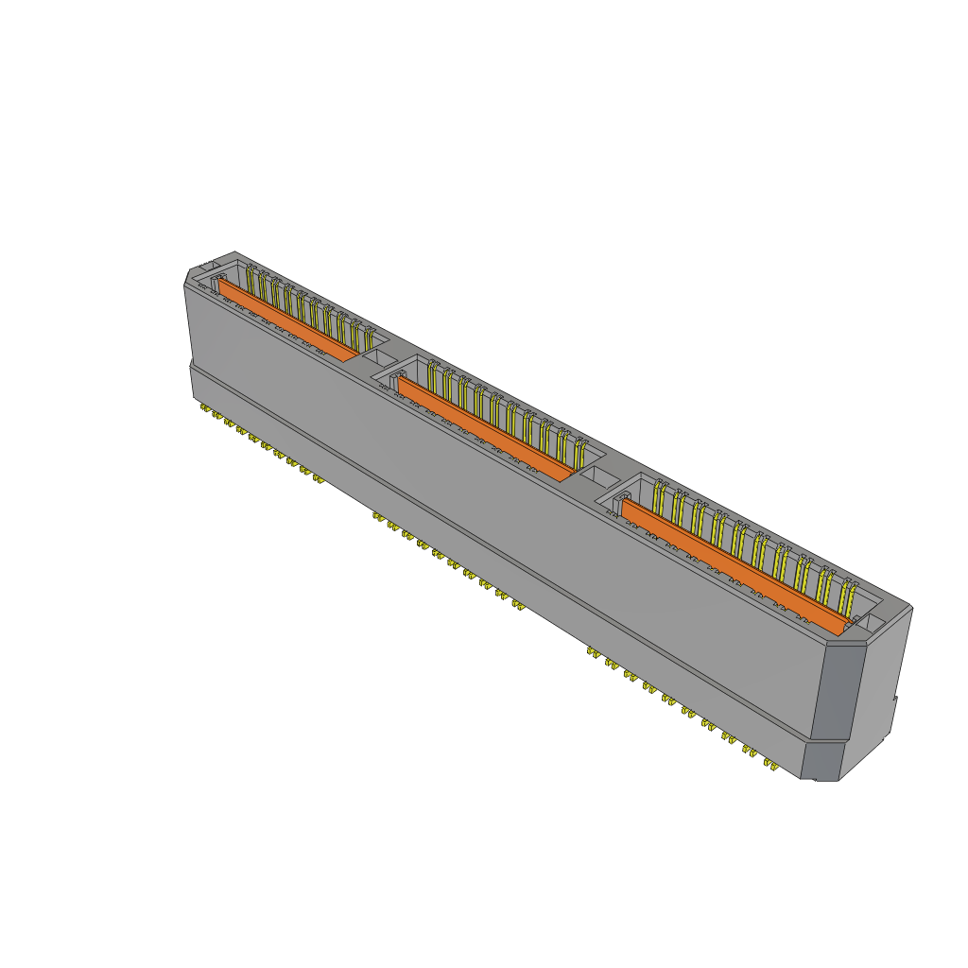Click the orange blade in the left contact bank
pyautogui.click(x=288, y=319)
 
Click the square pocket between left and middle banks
pyautogui.click(x=379, y=357)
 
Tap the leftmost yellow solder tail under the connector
pyautogui.click(x=205, y=408)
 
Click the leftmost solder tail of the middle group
pyautogui.click(x=378, y=516)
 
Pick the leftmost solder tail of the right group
pyautogui.click(x=593, y=651)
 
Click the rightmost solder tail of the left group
pyautogui.click(x=319, y=478)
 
